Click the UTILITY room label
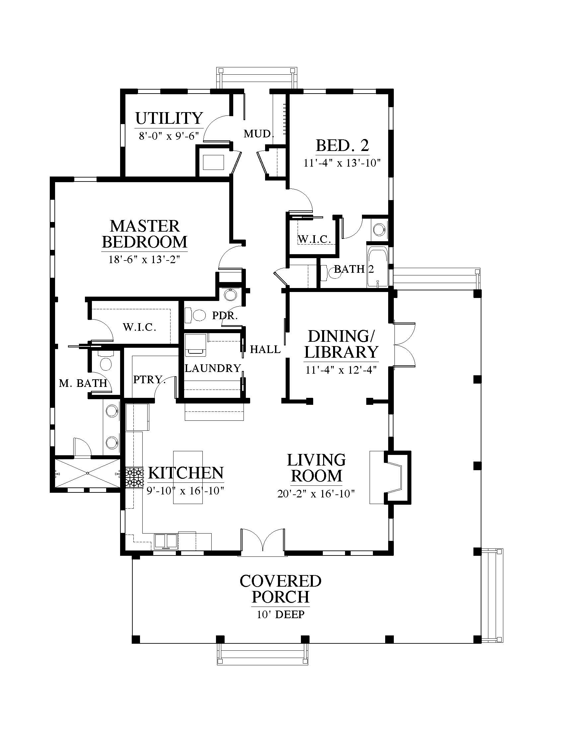coord(169,118)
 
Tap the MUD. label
coord(259,134)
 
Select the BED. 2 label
coord(342,145)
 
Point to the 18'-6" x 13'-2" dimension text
coord(144,260)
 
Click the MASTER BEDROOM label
coord(145,234)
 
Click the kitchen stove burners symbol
coord(135,478)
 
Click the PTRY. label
coord(149,380)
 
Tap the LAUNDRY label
coord(213,368)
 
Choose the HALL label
coord(265,349)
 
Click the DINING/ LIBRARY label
coord(342,344)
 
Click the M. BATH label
coord(83,383)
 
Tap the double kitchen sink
coord(166,542)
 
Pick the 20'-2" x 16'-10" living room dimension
coord(316,494)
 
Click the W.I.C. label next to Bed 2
coord(314,239)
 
